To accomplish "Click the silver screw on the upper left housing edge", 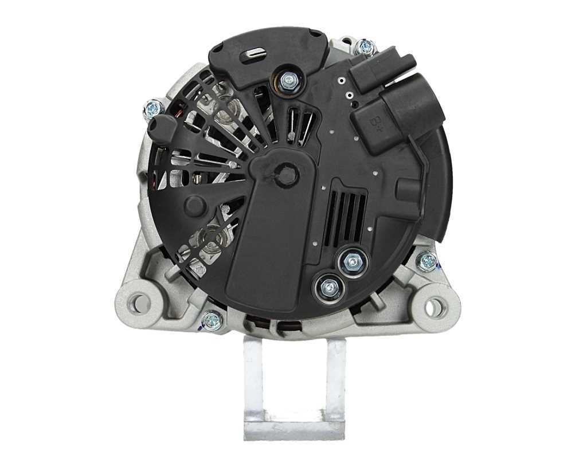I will (x=153, y=107).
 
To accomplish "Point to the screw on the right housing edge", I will (x=428, y=262).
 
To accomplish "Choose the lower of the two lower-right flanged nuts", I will (x=330, y=287).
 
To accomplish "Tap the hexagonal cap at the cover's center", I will (x=286, y=174).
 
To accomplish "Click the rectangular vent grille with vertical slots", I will (x=345, y=217).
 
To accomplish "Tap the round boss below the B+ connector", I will (x=408, y=190).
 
